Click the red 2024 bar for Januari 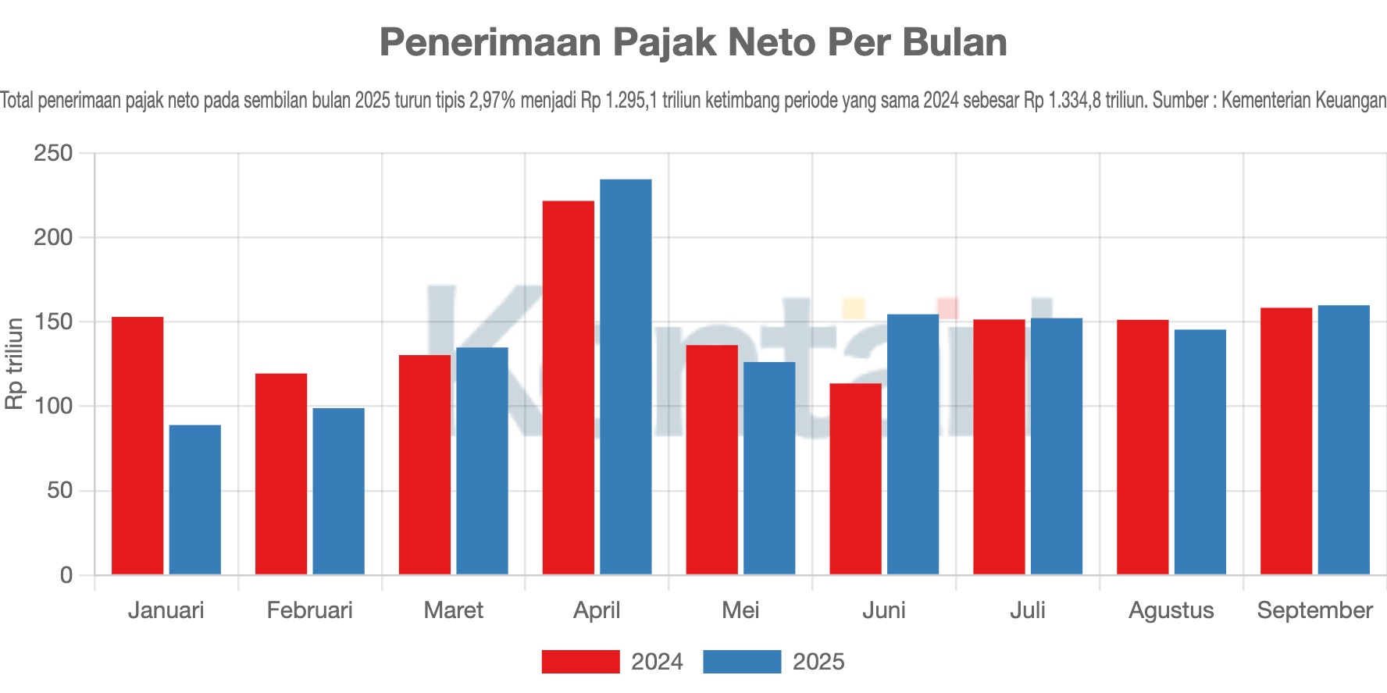pyautogui.click(x=137, y=446)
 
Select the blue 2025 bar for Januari pyautogui.click(x=195, y=499)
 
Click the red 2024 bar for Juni pyautogui.click(x=855, y=479)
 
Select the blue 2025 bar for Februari pyautogui.click(x=339, y=491)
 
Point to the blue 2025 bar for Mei pyautogui.click(x=769, y=468)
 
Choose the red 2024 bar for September pyautogui.click(x=1286, y=441)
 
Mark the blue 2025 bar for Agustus pyautogui.click(x=1200, y=452)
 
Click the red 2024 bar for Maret pyautogui.click(x=425, y=464)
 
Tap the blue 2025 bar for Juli pyautogui.click(x=1057, y=446)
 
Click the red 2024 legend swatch pyautogui.click(x=580, y=662)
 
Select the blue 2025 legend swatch pyautogui.click(x=742, y=662)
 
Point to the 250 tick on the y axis pyautogui.click(x=53, y=153)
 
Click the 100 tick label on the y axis pyautogui.click(x=53, y=407)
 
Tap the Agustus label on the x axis pyautogui.click(x=1171, y=610)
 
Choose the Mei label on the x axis pyautogui.click(x=740, y=610)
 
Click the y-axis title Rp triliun pyautogui.click(x=15, y=364)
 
